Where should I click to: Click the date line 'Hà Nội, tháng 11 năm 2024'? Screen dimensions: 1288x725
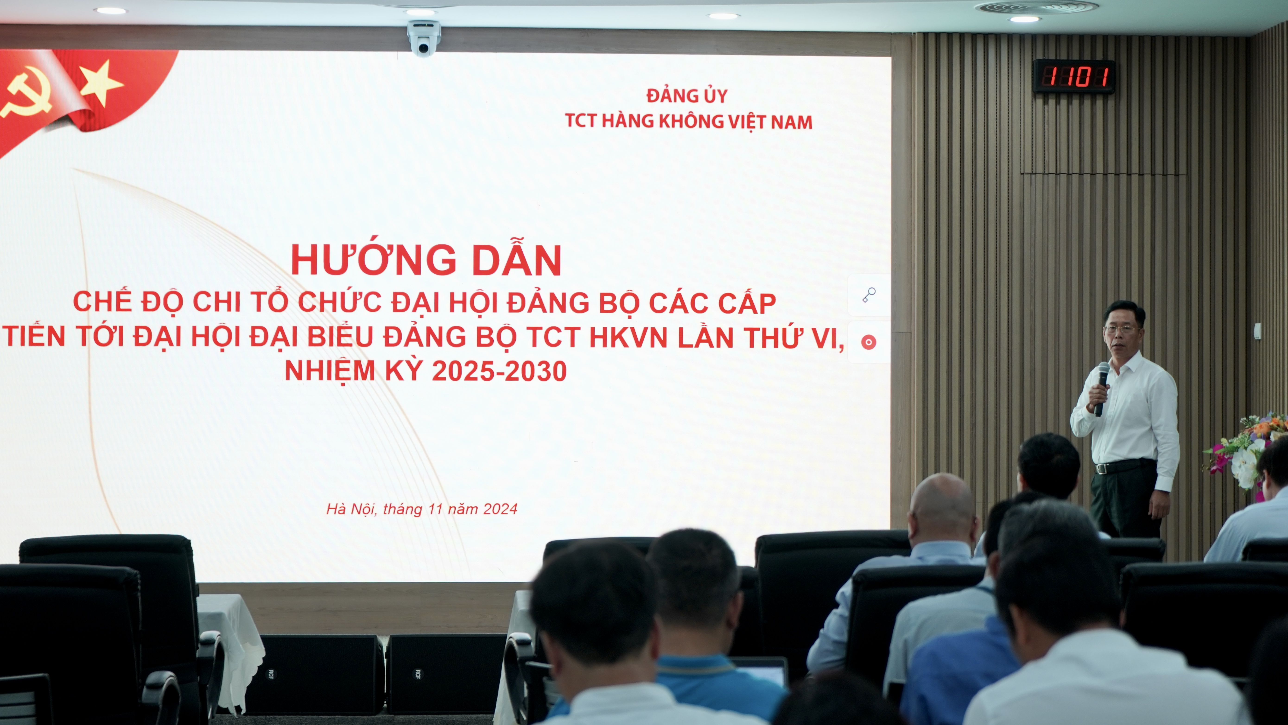[422, 509]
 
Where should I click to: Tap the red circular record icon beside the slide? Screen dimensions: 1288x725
[869, 342]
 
